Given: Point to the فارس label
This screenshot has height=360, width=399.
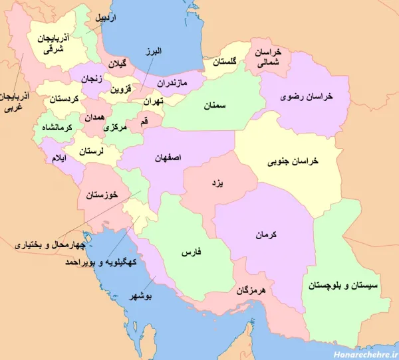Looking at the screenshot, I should (x=192, y=252).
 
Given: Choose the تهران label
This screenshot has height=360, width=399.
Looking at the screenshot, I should (x=152, y=102).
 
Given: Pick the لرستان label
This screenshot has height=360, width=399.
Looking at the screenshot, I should (x=92, y=151).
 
